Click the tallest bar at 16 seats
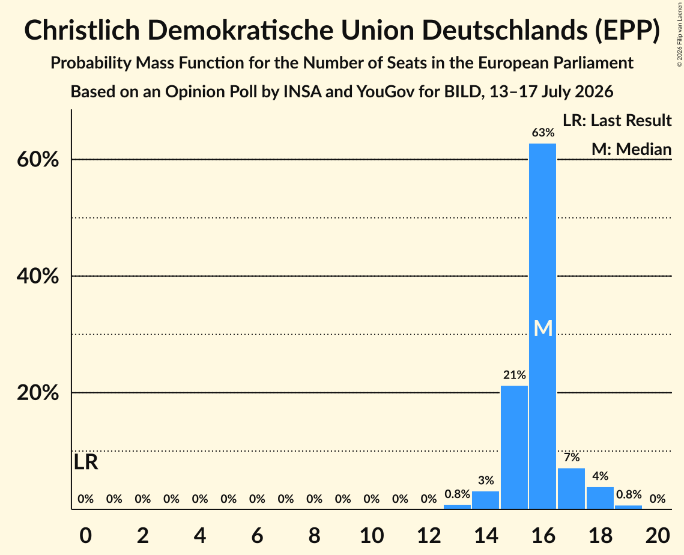(543, 326)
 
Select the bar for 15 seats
(514, 447)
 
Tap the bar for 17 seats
(572, 488)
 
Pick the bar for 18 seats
(601, 498)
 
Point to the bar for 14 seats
(485, 500)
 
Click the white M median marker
(543, 328)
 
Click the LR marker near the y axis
(86, 462)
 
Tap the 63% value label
(543, 133)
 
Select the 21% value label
(515, 375)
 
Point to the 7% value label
(572, 457)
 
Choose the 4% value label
(601, 476)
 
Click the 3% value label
(486, 481)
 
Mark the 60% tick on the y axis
(38, 160)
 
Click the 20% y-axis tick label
(38, 393)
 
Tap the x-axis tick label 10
(372, 535)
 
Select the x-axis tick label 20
(658, 535)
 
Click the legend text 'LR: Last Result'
(617, 120)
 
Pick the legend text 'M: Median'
(632, 149)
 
